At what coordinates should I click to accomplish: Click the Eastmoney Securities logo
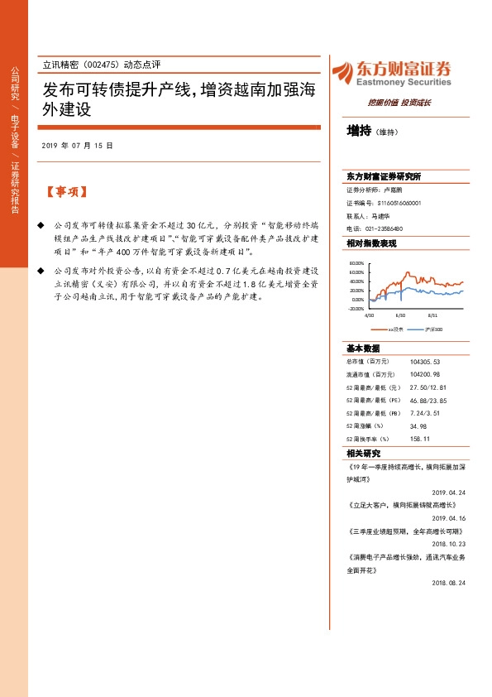(x=391, y=73)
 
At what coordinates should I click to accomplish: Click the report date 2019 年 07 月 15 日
(x=76, y=145)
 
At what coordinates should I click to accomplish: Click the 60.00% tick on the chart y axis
(x=356, y=272)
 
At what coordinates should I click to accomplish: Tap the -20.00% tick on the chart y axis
(x=356, y=308)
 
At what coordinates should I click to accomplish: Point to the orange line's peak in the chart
(x=407, y=272)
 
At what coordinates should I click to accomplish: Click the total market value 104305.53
(x=425, y=362)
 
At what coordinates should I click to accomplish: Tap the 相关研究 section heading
(x=364, y=454)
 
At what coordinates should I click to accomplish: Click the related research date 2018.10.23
(x=449, y=544)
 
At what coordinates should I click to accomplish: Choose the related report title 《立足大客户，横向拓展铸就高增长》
(x=402, y=503)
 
